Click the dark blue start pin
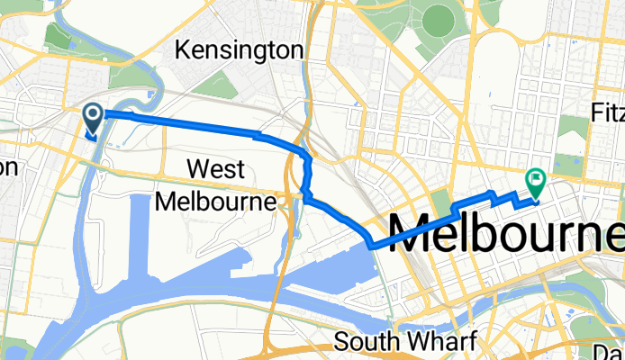click(x=94, y=115)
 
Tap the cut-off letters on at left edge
click(x=7, y=167)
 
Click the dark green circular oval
click(x=439, y=18)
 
